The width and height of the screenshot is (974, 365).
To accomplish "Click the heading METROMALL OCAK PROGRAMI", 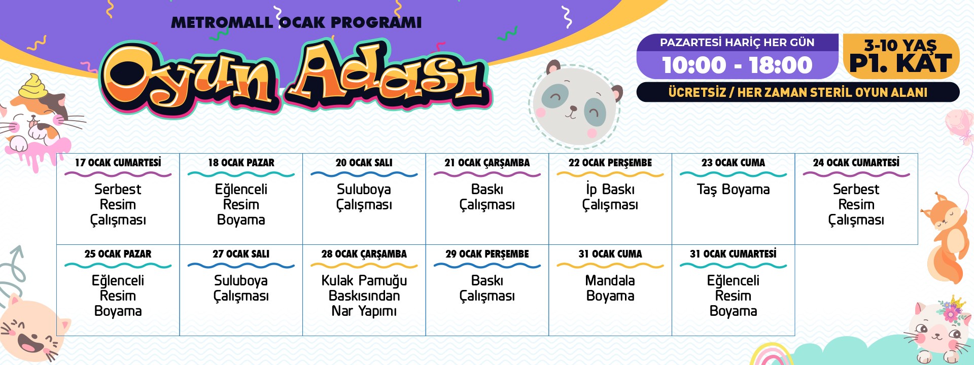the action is click(x=296, y=23).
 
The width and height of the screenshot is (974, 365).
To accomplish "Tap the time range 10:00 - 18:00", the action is click(x=737, y=65).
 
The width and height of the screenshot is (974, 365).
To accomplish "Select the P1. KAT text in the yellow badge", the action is click(x=900, y=64).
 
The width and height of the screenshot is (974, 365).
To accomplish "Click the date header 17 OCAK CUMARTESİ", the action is click(x=118, y=163).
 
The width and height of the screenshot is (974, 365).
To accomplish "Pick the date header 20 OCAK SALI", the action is click(x=364, y=163).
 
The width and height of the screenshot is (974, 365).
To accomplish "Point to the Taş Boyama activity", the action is click(x=733, y=190).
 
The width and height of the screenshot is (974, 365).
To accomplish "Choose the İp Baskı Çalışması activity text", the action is click(x=610, y=197).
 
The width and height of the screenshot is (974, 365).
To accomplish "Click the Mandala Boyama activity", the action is click(x=610, y=288).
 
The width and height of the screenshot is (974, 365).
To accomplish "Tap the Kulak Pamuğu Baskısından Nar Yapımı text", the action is click(x=364, y=296).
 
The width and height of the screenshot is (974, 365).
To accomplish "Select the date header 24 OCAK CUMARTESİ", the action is click(x=856, y=163).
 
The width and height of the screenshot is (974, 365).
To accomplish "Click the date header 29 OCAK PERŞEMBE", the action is click(x=487, y=254).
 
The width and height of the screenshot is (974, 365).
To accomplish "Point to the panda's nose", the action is click(x=573, y=108).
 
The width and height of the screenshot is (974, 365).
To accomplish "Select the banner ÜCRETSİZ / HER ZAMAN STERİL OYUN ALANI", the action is click(x=798, y=92).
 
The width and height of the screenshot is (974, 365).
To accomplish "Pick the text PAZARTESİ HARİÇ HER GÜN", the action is click(x=737, y=43).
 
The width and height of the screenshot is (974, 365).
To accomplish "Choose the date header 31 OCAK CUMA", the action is click(x=610, y=254).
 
